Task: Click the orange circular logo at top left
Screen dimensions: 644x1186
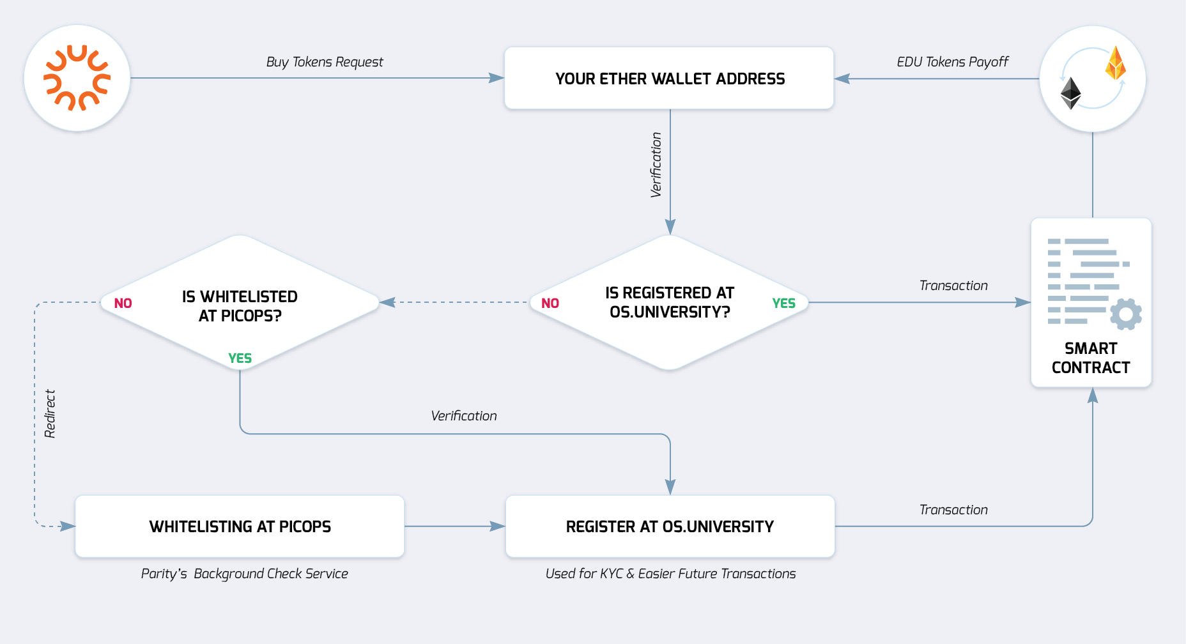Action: coord(77,78)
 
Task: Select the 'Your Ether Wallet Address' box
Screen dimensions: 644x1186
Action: coord(669,79)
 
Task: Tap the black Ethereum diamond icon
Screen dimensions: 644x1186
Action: coord(1070,93)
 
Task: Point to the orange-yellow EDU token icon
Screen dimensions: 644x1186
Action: coord(1115,63)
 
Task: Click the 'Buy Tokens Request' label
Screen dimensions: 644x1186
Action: coord(325,62)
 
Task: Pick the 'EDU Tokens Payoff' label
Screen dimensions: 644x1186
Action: coord(952,62)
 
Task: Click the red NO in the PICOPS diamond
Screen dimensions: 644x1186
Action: coord(123,303)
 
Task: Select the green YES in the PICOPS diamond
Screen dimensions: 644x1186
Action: coord(240,358)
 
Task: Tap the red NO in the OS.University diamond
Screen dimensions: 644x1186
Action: coord(550,303)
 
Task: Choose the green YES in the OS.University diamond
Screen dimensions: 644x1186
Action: coord(783,303)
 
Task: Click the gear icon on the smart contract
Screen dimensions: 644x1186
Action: coord(1126,314)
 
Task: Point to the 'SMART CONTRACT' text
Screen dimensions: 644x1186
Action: coord(1091,358)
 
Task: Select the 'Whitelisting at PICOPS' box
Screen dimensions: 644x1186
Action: coord(240,526)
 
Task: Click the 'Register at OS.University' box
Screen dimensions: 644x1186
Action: coord(670,526)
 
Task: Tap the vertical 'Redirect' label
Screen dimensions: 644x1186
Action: coord(50,414)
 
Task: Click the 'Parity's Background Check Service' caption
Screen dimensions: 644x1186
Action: coord(244,574)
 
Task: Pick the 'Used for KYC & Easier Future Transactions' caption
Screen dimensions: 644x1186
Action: coord(670,574)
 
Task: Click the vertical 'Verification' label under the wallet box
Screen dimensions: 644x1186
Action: coord(656,165)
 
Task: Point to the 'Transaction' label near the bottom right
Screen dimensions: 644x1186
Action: coord(953,510)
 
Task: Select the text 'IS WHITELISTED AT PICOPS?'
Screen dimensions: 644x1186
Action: coord(240,306)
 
